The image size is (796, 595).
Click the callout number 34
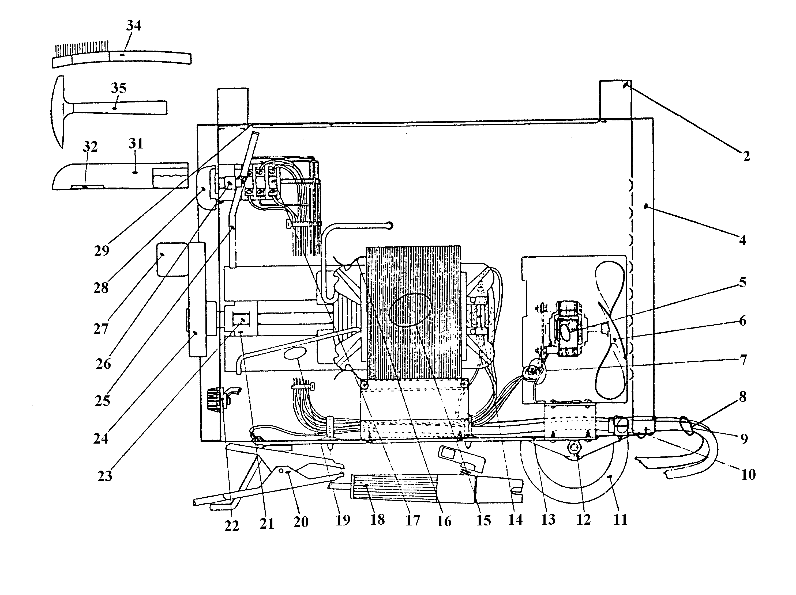[x=133, y=25]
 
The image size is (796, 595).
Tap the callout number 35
[x=119, y=88]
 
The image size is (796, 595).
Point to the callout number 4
[x=743, y=240]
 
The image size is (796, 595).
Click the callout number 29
[x=102, y=251]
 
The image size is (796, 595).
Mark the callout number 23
[x=105, y=476]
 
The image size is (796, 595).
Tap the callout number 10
[x=748, y=475]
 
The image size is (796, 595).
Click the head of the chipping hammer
[x=58, y=112]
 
